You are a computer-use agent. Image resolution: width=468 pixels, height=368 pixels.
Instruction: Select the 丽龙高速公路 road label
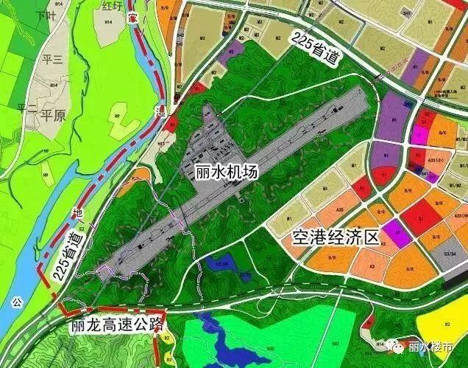point(116,324)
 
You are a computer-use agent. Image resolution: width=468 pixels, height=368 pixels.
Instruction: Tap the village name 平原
point(53,116)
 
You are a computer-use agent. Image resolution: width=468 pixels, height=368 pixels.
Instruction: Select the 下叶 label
point(46,15)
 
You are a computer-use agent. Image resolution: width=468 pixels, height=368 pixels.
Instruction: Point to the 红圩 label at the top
point(113,6)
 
